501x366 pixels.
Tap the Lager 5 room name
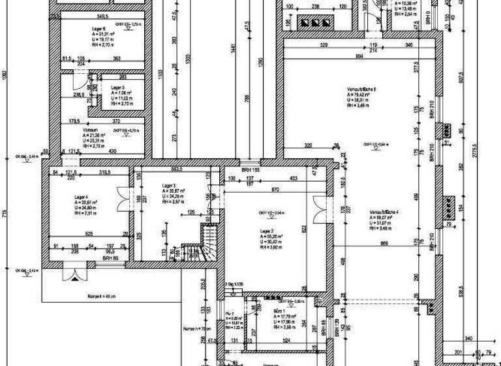pyautogui.click(x=117, y=87)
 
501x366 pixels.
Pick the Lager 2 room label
pyautogui.click(x=266, y=231)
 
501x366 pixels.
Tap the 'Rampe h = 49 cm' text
pyautogui.click(x=101, y=296)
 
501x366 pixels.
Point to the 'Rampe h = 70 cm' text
pyautogui.click(x=196, y=329)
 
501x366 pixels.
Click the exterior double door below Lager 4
pyautogui.click(x=73, y=270)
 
